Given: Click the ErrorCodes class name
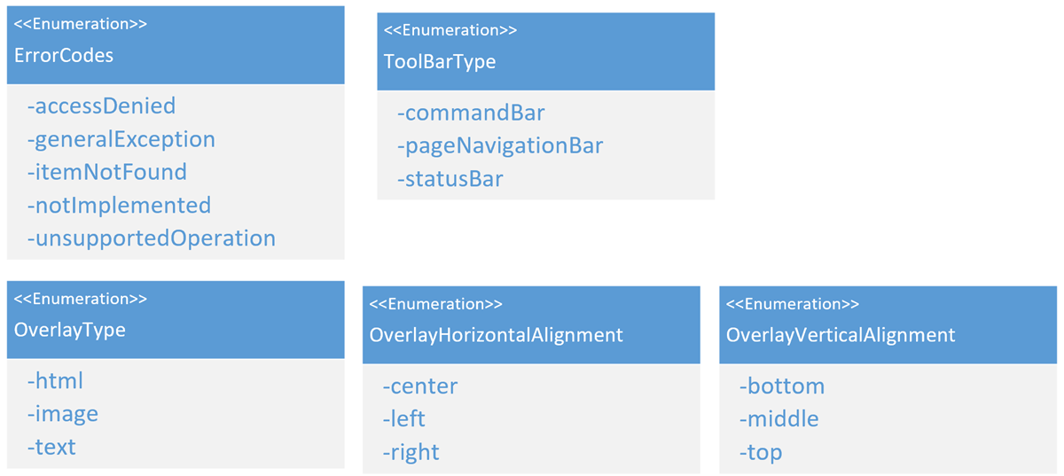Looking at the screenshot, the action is tap(64, 56).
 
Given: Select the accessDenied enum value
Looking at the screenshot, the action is tap(102, 105).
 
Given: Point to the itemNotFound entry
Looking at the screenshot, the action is tap(107, 172).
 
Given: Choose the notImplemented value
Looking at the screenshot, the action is tap(119, 207).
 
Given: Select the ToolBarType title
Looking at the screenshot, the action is tap(440, 62).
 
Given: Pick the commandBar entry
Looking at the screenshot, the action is tap(471, 113).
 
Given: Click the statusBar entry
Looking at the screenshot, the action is tap(450, 179).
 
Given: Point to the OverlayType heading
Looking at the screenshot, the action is tap(69, 331).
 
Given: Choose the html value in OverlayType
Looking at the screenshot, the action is tap(55, 381).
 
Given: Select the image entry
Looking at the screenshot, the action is tap(63, 415).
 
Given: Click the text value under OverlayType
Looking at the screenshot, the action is tap(51, 448).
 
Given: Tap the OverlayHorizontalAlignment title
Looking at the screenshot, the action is tap(496, 336).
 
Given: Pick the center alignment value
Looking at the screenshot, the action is tap(420, 386).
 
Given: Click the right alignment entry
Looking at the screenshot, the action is tap(411, 453).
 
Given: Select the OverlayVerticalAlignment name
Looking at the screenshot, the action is tap(841, 336).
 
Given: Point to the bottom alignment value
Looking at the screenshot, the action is tap(782, 386).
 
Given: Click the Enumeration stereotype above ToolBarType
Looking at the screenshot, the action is tap(450, 30).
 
